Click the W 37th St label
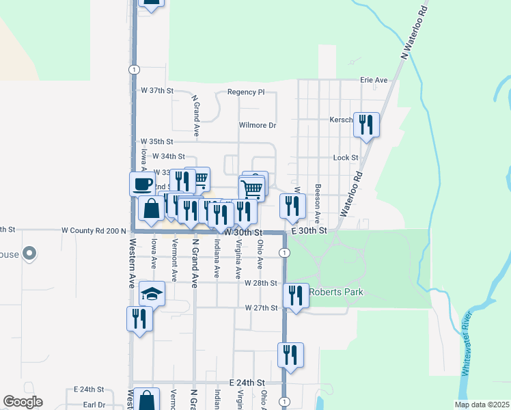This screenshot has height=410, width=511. pos(158,90)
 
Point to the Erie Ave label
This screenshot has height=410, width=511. pos(374,80)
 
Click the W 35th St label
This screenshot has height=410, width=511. pos(157,141)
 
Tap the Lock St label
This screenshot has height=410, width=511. pos(346,158)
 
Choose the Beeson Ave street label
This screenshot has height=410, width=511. pos(318,203)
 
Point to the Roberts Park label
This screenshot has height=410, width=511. pos(335,292)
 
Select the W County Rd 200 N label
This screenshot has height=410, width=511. pos(94,232)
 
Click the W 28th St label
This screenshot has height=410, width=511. pos(260,283)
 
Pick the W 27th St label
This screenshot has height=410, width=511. pos(261,308)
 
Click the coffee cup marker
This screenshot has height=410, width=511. pos(142,183)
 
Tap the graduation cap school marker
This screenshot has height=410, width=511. pos(152,294)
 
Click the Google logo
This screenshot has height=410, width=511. pos(23,402)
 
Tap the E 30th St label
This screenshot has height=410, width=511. pos(311,232)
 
